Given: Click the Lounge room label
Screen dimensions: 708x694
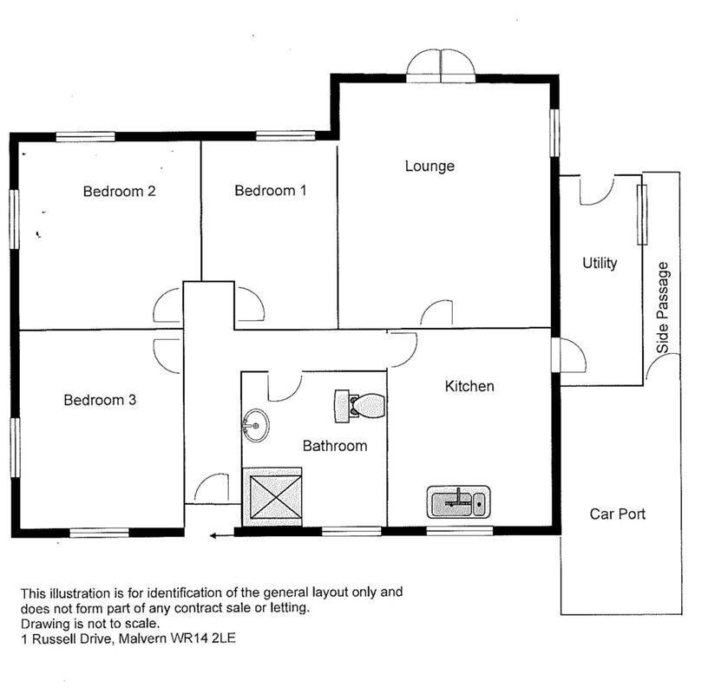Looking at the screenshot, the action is [429, 166].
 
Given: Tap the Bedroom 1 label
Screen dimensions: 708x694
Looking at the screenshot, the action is [271, 190].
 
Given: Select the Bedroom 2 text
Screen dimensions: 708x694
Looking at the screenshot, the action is [119, 191].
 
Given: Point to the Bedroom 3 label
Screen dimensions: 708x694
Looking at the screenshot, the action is [100, 400].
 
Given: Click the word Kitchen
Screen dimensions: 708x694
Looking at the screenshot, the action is [469, 386].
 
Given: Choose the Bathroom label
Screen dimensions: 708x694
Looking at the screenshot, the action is [334, 446].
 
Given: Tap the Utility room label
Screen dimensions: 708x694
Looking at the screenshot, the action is [600, 263].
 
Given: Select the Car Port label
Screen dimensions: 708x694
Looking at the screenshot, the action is [618, 514].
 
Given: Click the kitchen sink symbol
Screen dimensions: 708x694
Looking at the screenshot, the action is [460, 501].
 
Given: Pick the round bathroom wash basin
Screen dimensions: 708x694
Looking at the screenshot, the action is [255, 425].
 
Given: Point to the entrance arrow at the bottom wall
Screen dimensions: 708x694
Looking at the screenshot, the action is [222, 535].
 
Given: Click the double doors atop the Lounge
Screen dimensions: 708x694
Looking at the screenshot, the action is [441, 65].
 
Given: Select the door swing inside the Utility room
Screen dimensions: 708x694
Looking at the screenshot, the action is [596, 190].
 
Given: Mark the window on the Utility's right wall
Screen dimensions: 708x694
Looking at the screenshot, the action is [643, 213].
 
